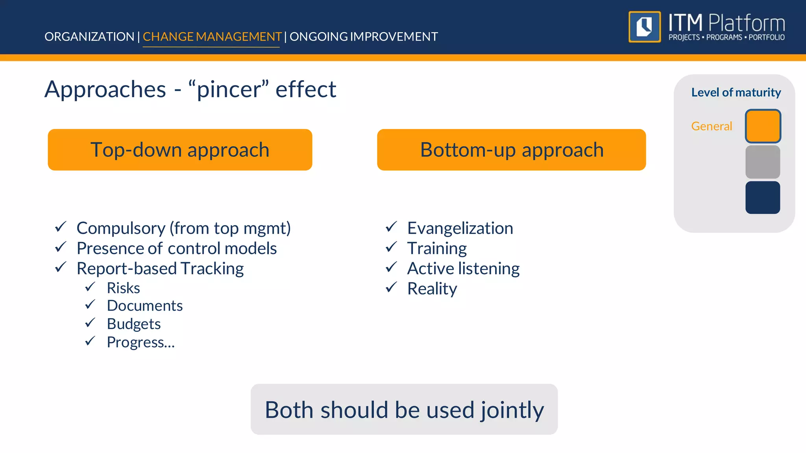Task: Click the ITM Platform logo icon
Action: (644, 27)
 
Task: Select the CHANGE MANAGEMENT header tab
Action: (212, 37)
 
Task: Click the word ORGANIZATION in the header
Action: (89, 37)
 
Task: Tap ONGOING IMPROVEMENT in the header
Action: (364, 37)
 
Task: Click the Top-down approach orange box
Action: (180, 150)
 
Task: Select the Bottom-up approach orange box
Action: (511, 150)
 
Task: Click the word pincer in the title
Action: (229, 89)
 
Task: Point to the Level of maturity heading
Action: (736, 92)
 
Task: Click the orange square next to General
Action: (763, 126)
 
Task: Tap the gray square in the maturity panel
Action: (763, 162)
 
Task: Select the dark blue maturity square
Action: (763, 197)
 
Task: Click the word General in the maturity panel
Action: (712, 126)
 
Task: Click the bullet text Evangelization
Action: (460, 228)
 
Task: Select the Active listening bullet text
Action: (463, 269)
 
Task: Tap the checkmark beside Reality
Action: (391, 288)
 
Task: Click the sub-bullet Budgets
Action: (134, 324)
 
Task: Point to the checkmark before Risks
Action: (90, 287)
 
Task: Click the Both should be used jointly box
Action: (404, 409)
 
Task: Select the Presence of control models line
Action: (177, 249)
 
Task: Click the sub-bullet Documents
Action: (145, 306)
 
